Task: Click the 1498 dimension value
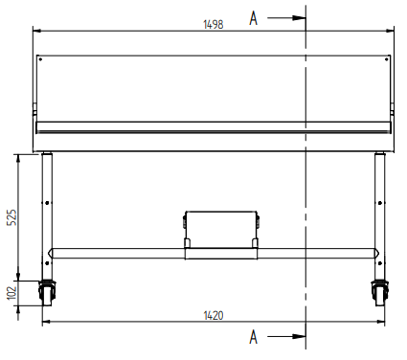214,25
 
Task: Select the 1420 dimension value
214,316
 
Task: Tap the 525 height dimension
11,217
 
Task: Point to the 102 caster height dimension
11,293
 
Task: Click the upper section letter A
253,18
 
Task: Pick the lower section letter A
253,337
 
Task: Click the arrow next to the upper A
286,18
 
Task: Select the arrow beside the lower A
286,336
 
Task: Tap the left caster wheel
47,293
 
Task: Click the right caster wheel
380,293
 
